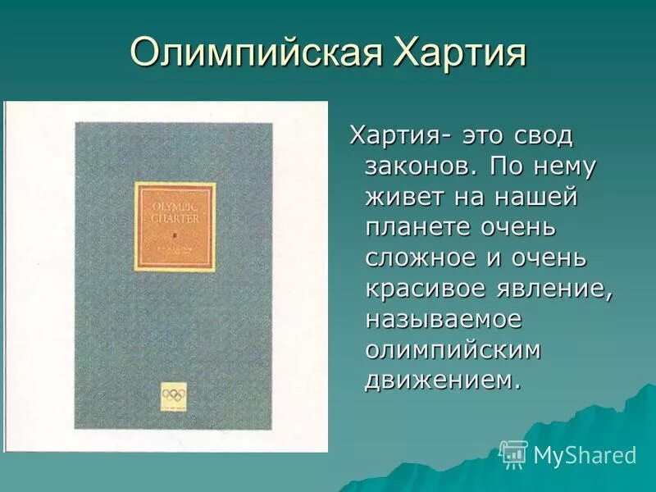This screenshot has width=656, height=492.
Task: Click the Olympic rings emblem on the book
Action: tap(174, 395)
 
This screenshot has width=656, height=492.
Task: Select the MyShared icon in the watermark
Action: tap(513, 454)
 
